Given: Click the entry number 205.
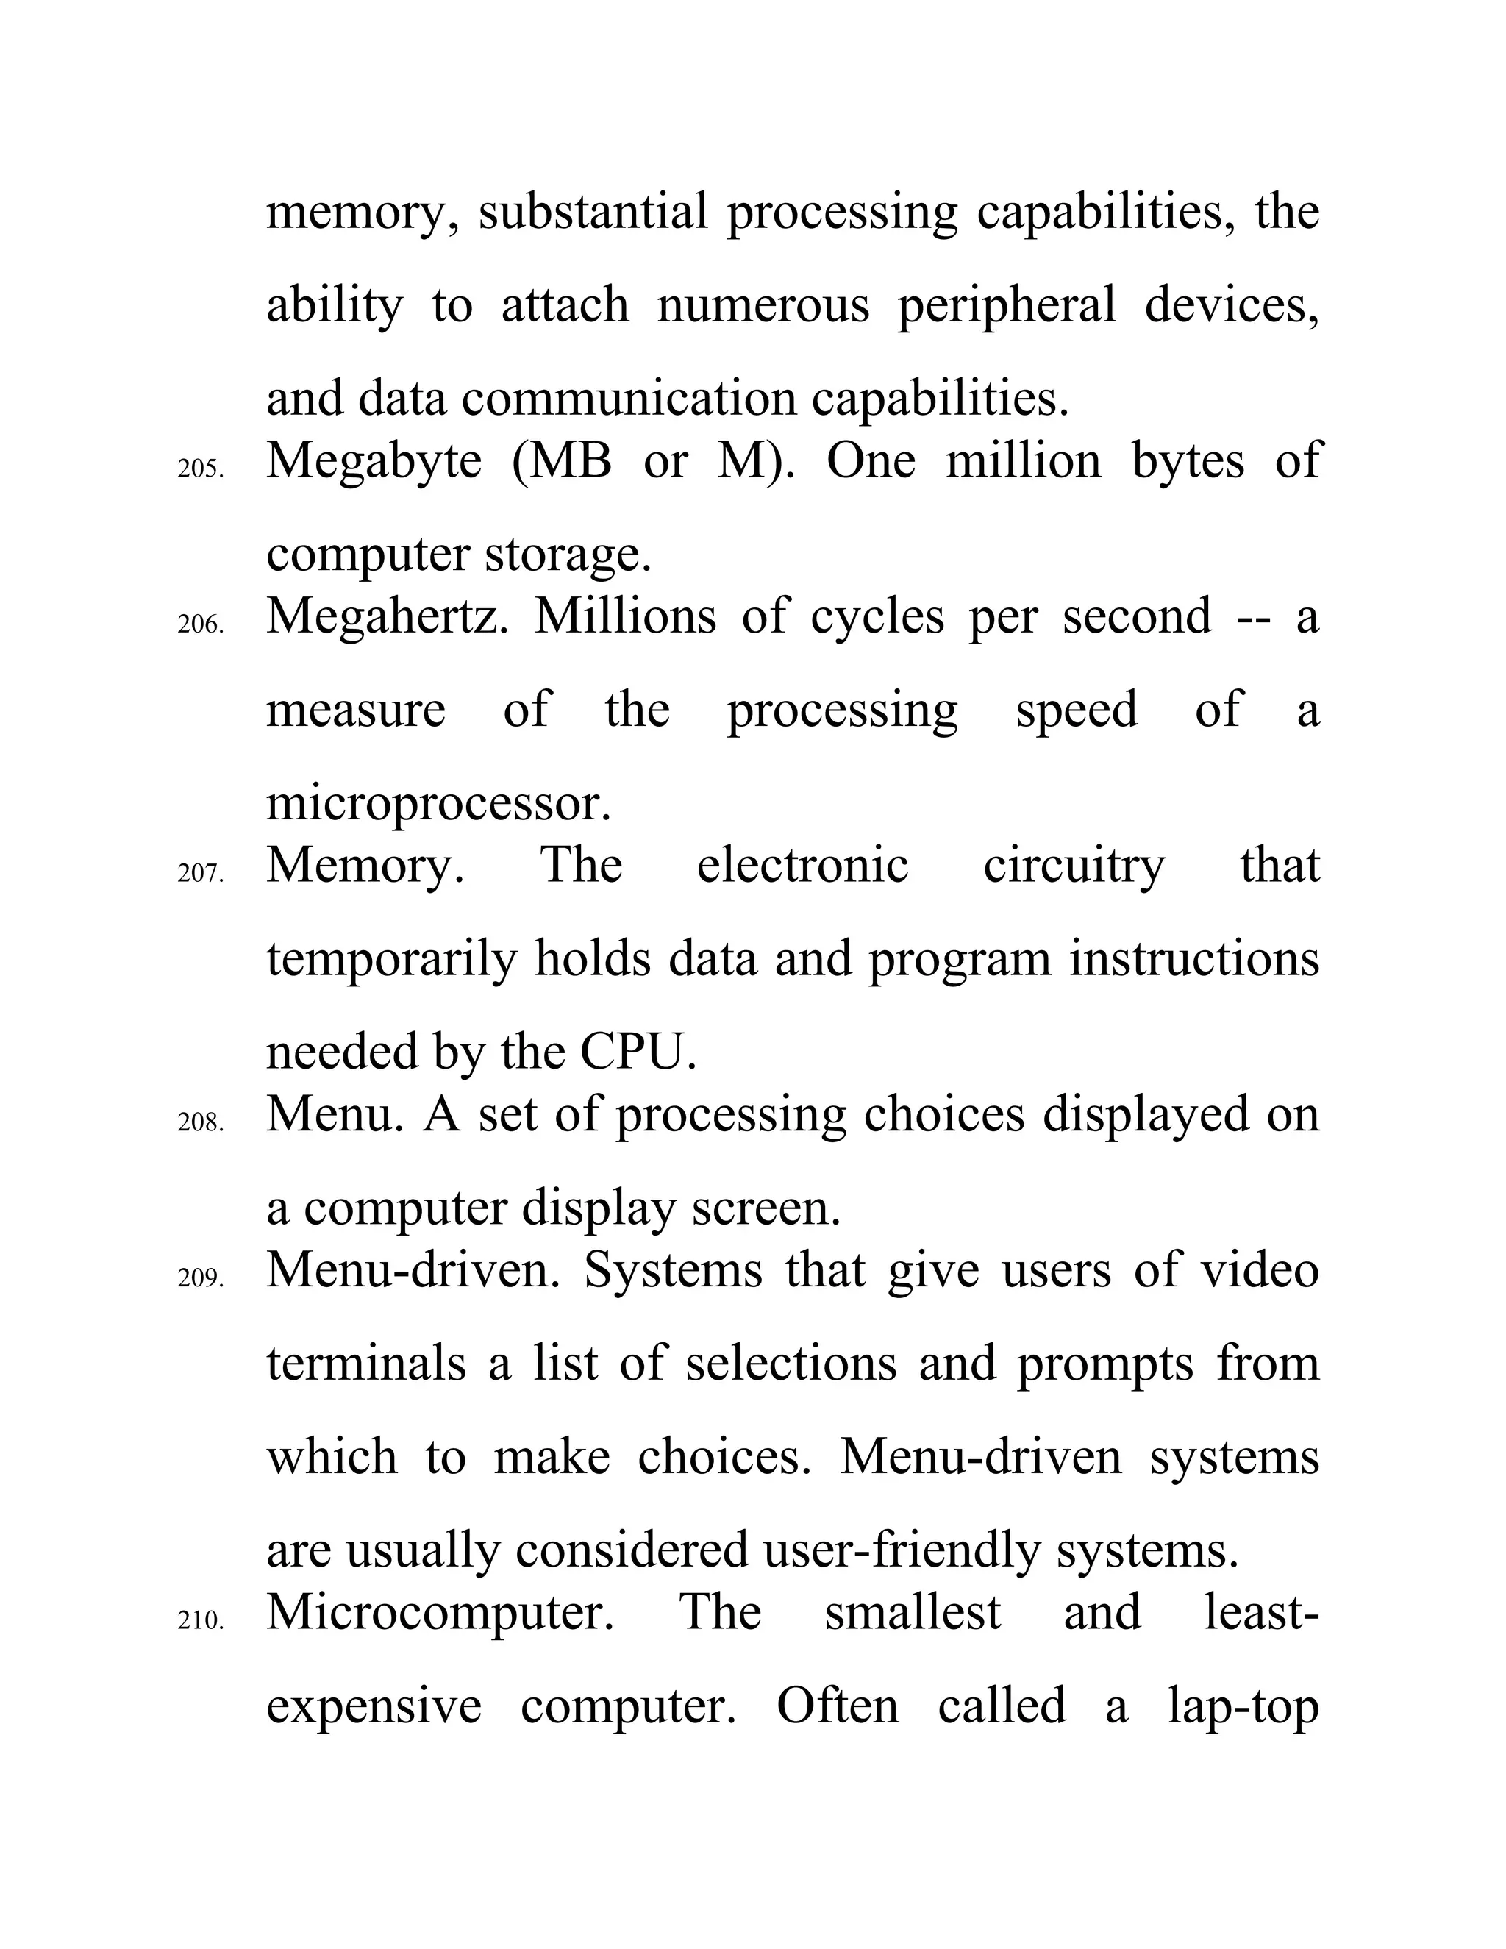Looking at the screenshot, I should pyautogui.click(x=201, y=469).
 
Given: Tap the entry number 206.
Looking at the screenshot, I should pyautogui.click(x=201, y=624).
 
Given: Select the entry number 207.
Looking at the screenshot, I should pyautogui.click(x=201, y=874).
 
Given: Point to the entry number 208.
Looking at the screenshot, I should pyautogui.click(x=201, y=1122).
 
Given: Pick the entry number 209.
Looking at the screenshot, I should pyautogui.click(x=201, y=1278).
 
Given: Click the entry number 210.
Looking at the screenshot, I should pyautogui.click(x=201, y=1620).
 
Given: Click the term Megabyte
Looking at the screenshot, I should pyautogui.click(x=374, y=463).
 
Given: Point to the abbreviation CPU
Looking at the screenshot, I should pyautogui.click(x=637, y=1053).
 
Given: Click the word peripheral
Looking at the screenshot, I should pyautogui.click(x=1007, y=307).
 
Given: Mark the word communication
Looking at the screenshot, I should pyautogui.click(x=628, y=400).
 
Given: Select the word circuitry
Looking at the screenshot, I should pyautogui.click(x=1074, y=866).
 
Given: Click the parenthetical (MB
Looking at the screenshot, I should pyautogui.click(x=562, y=463).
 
